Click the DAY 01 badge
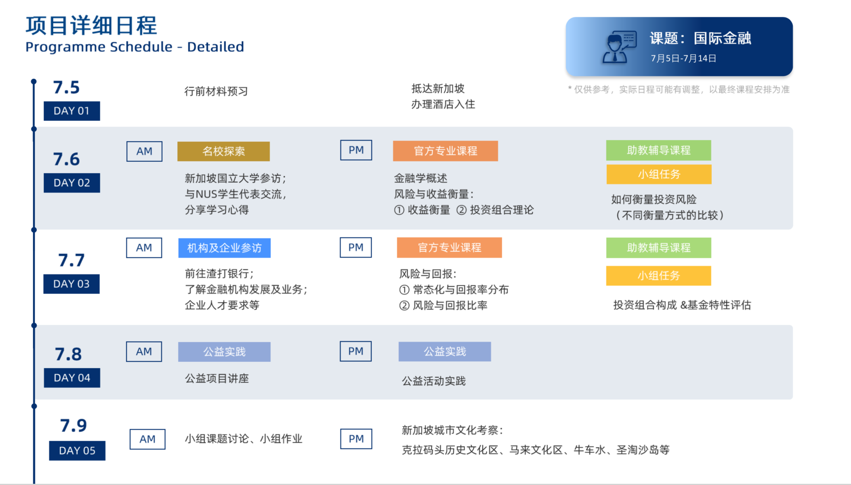72,111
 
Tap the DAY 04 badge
72,378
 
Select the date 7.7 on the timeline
71,260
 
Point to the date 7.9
73,425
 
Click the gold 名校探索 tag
223,151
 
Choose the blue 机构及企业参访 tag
224,248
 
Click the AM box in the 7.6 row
144,151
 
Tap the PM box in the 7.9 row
356,439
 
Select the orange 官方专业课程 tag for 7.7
449,248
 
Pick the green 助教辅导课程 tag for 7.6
659,150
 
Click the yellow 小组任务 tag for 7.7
659,276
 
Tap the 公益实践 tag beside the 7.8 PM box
444,351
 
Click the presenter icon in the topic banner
619,47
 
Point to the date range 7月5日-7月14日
683,58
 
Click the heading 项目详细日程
91,25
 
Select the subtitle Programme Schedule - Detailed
135,47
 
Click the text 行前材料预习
216,91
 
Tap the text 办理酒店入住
443,105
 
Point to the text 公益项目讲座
217,379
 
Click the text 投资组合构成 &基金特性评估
682,305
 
